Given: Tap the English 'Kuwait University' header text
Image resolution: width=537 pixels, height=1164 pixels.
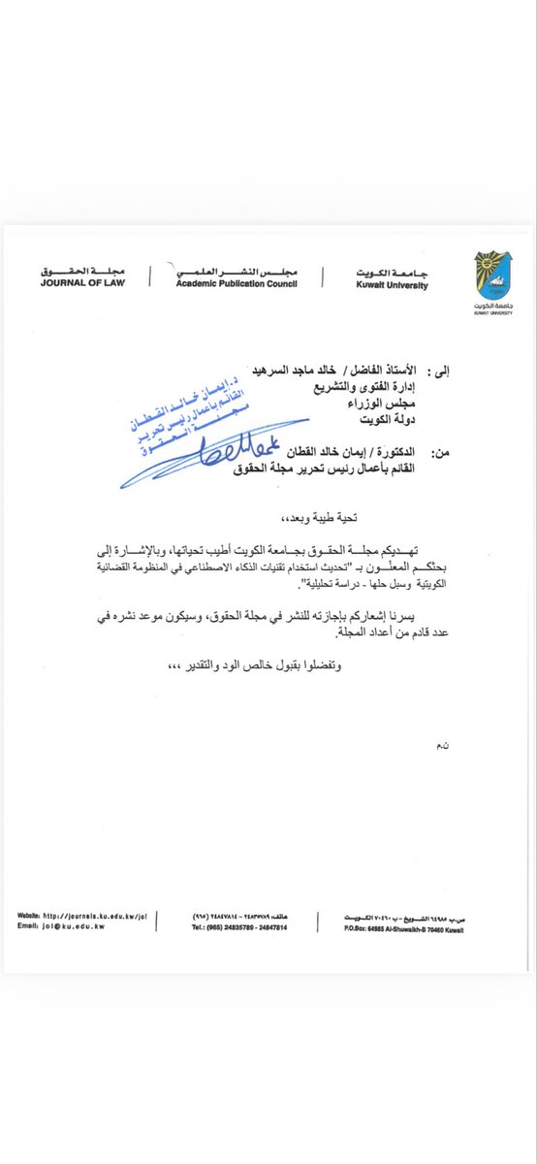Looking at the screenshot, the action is click(x=387, y=285).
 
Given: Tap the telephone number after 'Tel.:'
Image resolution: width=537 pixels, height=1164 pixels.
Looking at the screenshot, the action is click(x=240, y=926).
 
